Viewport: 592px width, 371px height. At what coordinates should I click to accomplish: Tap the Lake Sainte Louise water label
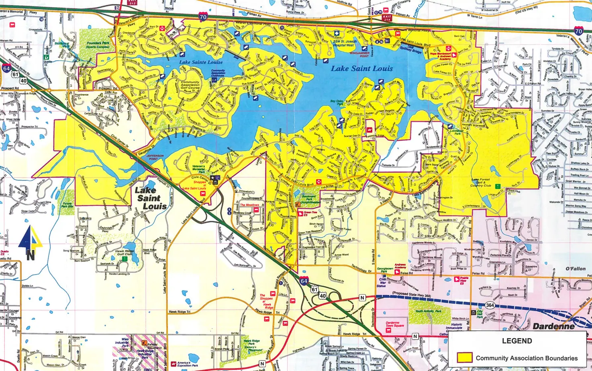pyautogui.click(x=201, y=62)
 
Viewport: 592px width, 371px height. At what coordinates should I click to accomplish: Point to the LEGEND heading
pyautogui.click(x=517, y=341)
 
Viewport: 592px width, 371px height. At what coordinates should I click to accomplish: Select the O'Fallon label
pyautogui.click(x=576, y=269)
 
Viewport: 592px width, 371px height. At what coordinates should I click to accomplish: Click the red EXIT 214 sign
pyautogui.click(x=387, y=17)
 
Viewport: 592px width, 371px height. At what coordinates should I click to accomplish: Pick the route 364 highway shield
pyautogui.click(x=490, y=305)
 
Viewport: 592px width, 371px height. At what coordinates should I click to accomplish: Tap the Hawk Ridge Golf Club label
pyautogui.click(x=124, y=252)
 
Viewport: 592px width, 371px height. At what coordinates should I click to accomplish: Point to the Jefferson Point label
pyautogui.click(x=155, y=157)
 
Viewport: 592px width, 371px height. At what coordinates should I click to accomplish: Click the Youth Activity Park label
pyautogui.click(x=428, y=311)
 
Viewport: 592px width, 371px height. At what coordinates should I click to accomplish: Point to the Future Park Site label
pyautogui.click(x=67, y=205)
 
